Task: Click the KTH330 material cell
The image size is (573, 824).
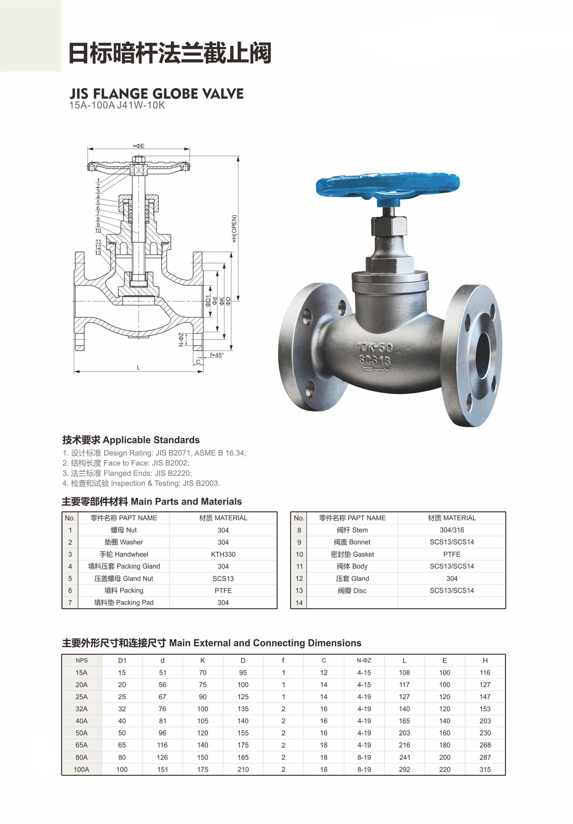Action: [223, 554]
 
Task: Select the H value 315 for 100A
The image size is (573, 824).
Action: [485, 769]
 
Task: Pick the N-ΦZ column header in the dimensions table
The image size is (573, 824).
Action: [364, 660]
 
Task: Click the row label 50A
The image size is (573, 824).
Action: [81, 733]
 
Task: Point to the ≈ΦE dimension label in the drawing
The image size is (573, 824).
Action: [139, 146]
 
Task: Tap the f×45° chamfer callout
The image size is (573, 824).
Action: [217, 355]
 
